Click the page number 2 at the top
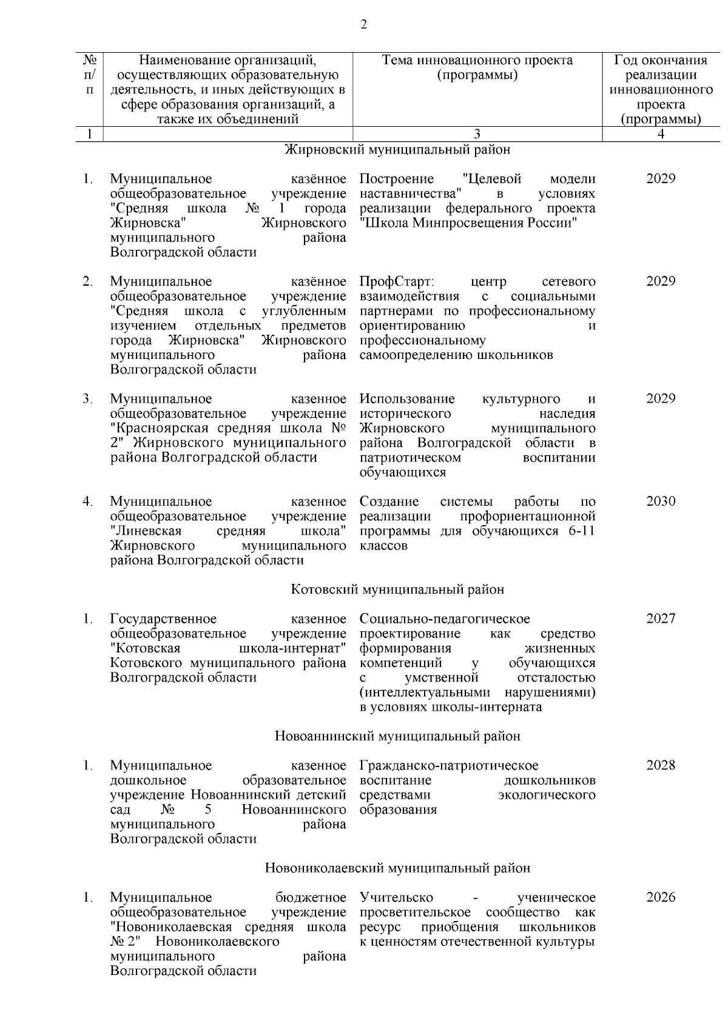(363, 25)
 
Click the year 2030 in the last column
(661, 501)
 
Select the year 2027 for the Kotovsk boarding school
(661, 618)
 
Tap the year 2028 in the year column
(661, 765)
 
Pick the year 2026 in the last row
(661, 897)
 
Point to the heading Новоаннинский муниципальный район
(397, 736)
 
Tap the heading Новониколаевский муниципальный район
(397, 868)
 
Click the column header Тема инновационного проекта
(477, 61)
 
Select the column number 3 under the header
(477, 134)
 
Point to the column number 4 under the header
(661, 134)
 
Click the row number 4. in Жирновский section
(88, 501)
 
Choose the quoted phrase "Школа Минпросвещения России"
(467, 223)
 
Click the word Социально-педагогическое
(444, 618)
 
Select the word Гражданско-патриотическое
(449, 765)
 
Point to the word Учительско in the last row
(396, 897)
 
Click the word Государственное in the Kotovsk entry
(163, 618)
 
